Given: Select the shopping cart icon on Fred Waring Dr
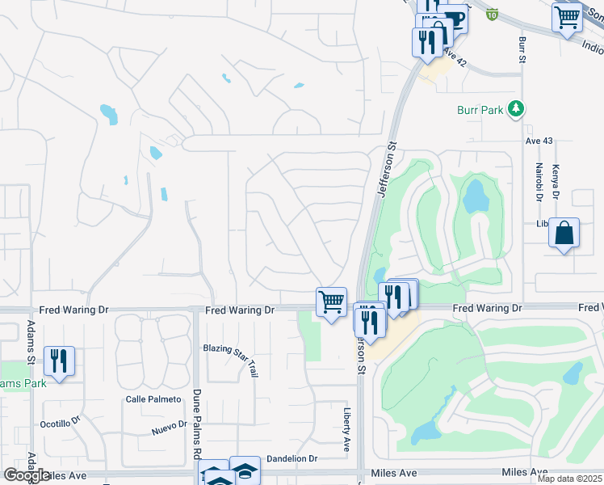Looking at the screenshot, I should [331, 302].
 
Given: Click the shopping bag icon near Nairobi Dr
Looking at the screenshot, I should [564, 234].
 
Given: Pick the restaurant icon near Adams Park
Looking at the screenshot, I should [59, 361].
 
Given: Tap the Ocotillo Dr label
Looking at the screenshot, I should [61, 423].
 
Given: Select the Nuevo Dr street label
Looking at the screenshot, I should [169, 428].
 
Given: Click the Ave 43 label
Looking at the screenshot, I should [539, 141].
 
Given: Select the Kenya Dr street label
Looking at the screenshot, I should [556, 182].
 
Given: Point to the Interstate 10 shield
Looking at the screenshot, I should [493, 14].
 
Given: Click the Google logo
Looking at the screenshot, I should [27, 475].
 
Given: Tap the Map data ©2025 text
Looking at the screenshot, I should [569, 479].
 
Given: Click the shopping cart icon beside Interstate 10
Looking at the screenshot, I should [567, 16].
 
